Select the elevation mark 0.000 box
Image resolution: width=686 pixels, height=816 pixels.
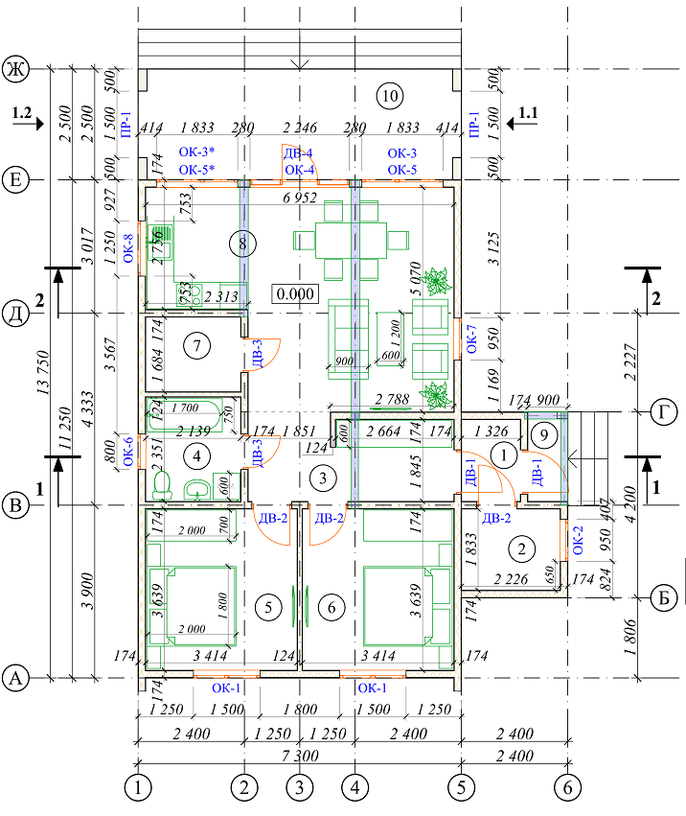point(295,294)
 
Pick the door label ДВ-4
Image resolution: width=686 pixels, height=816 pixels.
point(297,152)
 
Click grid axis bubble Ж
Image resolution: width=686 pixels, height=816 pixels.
point(14,68)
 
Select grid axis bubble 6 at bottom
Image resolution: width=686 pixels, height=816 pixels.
point(567,788)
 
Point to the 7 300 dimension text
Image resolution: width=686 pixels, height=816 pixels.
point(300,754)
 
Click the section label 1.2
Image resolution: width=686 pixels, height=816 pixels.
point(23,114)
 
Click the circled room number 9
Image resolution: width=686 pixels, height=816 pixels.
point(543,434)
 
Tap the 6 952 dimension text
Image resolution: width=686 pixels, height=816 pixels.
point(300,198)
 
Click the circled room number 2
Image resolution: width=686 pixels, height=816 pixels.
point(522,549)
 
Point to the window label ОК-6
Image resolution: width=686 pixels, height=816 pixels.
point(129,451)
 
